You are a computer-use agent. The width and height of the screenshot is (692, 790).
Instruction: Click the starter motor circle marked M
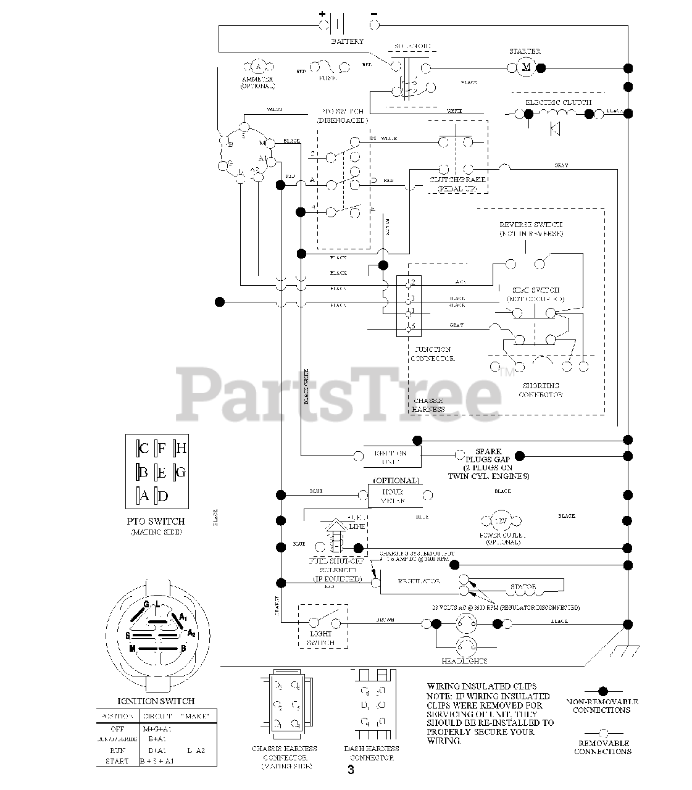tap(527, 67)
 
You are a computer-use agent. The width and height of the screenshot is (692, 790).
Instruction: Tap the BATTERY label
tap(348, 41)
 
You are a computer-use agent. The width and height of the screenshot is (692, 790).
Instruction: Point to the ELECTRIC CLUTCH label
tap(558, 102)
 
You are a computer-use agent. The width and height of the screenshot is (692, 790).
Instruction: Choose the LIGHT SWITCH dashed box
tap(322, 625)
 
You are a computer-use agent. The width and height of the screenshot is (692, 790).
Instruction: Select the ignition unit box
tap(391, 455)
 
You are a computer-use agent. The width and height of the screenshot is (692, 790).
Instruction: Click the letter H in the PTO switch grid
tap(181, 448)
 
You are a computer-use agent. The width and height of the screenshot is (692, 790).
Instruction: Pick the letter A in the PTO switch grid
tap(144, 495)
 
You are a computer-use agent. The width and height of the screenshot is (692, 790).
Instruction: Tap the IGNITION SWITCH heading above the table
tap(156, 701)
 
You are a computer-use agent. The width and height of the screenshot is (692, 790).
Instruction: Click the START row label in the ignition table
tap(117, 761)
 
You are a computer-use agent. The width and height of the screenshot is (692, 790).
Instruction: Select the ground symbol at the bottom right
tap(628, 649)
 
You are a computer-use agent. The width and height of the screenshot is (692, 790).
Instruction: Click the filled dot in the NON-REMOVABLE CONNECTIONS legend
tap(603, 691)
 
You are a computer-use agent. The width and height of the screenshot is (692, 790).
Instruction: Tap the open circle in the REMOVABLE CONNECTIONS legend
tap(603, 733)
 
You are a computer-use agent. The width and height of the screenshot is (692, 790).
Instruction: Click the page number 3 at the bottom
tap(351, 770)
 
